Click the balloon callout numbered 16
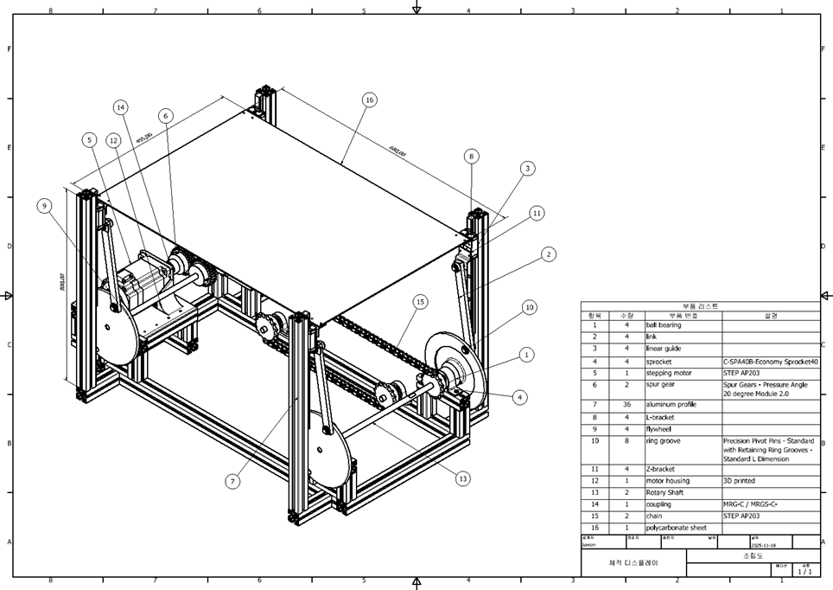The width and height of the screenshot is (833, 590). click(x=369, y=100)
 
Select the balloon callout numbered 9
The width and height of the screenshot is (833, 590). click(x=44, y=205)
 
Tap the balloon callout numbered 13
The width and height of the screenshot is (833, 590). click(x=463, y=478)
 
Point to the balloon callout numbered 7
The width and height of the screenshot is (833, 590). click(x=232, y=482)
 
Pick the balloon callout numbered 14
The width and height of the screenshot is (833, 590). click(x=121, y=107)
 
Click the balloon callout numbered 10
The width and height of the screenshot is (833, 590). click(x=530, y=307)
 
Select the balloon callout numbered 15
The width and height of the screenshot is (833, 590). click(x=420, y=302)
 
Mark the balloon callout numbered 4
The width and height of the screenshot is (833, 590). click(x=519, y=397)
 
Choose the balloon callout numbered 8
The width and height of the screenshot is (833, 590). click(x=471, y=157)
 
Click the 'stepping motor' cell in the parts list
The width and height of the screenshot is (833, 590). click(x=669, y=374)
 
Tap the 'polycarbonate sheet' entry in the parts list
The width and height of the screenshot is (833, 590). click(x=676, y=527)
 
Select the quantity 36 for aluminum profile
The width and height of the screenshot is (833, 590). click(x=626, y=404)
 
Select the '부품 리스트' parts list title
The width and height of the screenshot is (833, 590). click(x=700, y=306)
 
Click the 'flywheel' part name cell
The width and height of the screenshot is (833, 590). click(x=659, y=429)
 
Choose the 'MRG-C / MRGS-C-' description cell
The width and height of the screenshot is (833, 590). click(x=750, y=504)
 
